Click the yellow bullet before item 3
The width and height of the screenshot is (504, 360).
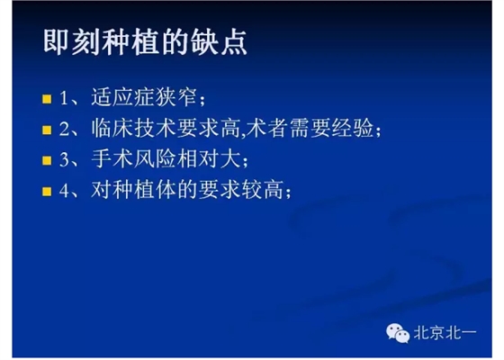[49, 162]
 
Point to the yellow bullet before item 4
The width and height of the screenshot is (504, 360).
[49, 193]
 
